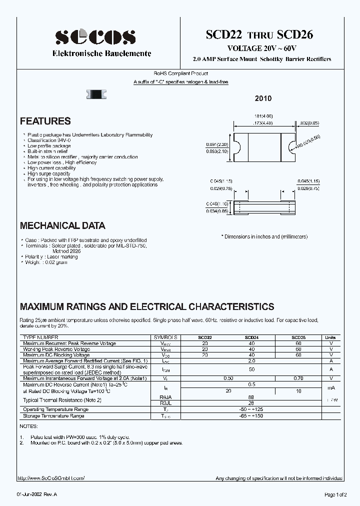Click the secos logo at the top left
pos(95,37)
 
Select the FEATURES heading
pos(45,121)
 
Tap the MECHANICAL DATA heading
pos(62,225)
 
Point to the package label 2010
pos(263,99)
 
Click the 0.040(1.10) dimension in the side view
pos(217,204)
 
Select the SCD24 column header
pos(251,338)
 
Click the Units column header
pos(330,338)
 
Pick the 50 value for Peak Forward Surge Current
pos(251,369)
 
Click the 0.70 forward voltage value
pos(298,378)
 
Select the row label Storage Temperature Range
pos(53,415)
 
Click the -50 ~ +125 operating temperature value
pos(251,409)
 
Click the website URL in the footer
pos(51,478)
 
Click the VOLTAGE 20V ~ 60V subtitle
pos(262,48)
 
